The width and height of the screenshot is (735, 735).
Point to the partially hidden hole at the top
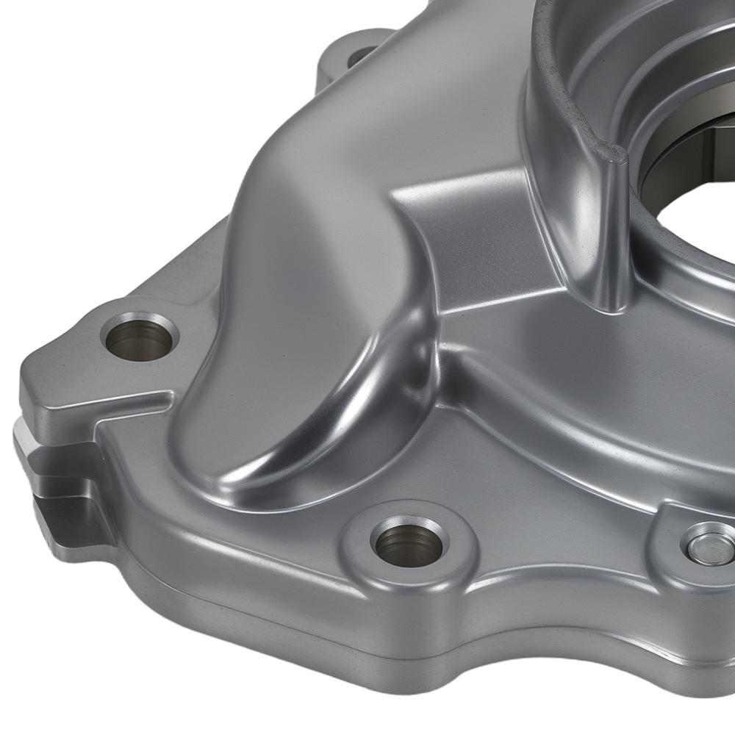click(362, 54)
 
